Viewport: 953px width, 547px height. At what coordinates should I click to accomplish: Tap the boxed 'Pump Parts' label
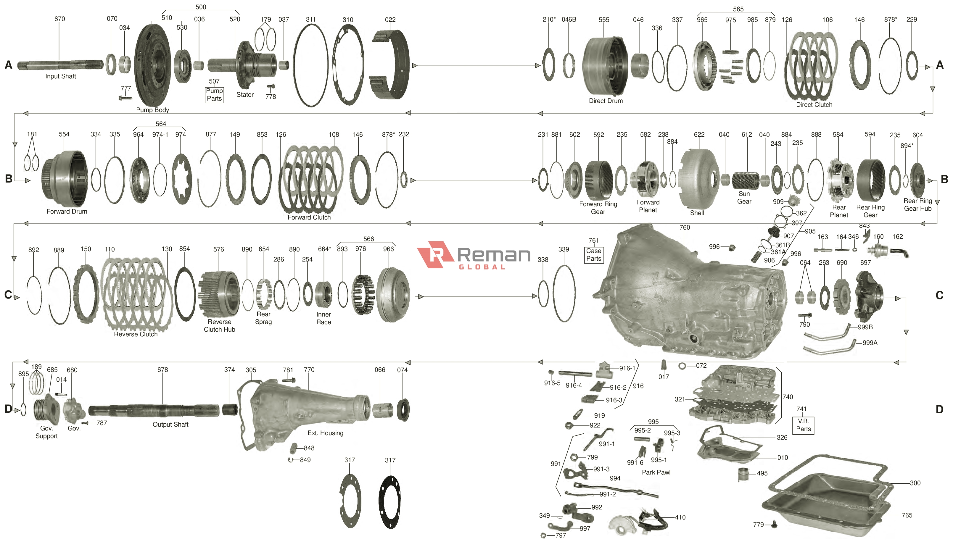coord(214,95)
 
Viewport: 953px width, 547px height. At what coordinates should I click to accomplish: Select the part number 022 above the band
coord(390,20)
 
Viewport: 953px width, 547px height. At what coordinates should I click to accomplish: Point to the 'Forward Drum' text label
coord(67,212)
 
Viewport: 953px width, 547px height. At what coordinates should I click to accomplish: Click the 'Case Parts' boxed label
coord(593,255)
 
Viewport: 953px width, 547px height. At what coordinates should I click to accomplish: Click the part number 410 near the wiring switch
coord(680,517)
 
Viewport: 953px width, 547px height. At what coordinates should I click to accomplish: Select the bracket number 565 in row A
coord(738,9)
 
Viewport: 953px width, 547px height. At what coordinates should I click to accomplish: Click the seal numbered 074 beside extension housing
coord(403,410)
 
